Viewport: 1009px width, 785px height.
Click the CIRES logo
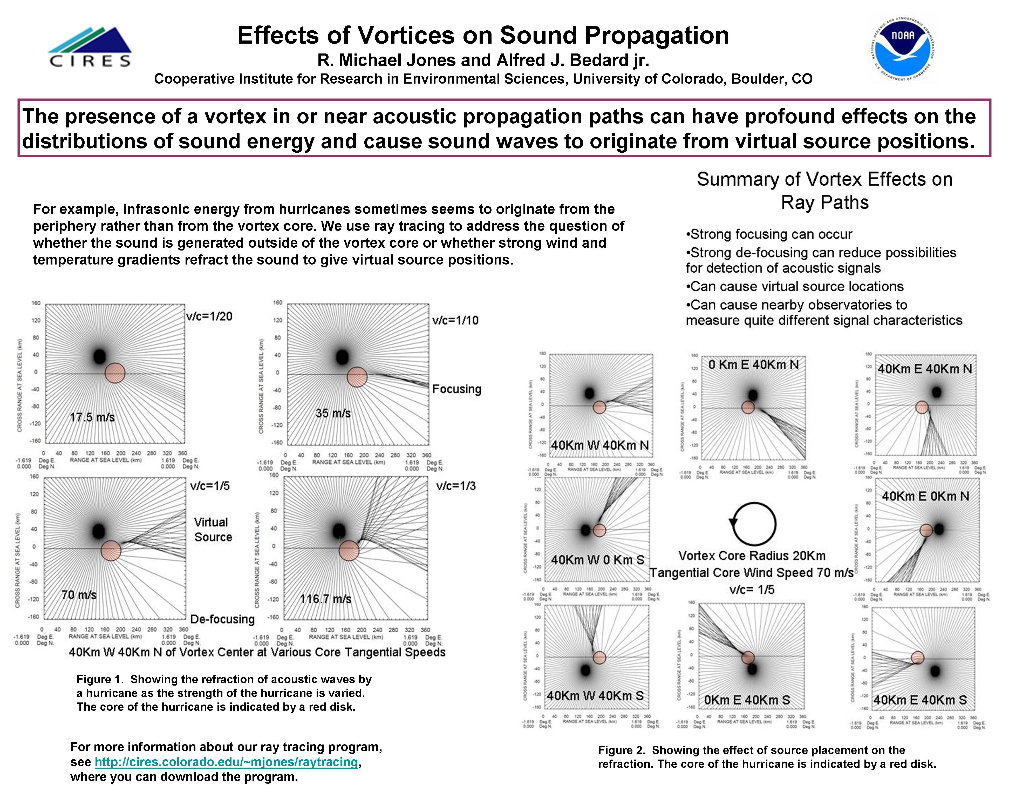point(90,47)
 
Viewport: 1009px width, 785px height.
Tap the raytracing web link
point(226,762)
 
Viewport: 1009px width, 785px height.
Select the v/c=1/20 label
point(209,316)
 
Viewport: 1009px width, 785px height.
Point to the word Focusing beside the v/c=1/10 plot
point(456,389)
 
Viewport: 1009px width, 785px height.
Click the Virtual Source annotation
point(213,530)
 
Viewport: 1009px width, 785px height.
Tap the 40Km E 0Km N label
point(925,496)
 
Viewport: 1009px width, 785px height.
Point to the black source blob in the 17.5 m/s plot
point(99,356)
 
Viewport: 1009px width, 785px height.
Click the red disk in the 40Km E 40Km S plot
point(918,658)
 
